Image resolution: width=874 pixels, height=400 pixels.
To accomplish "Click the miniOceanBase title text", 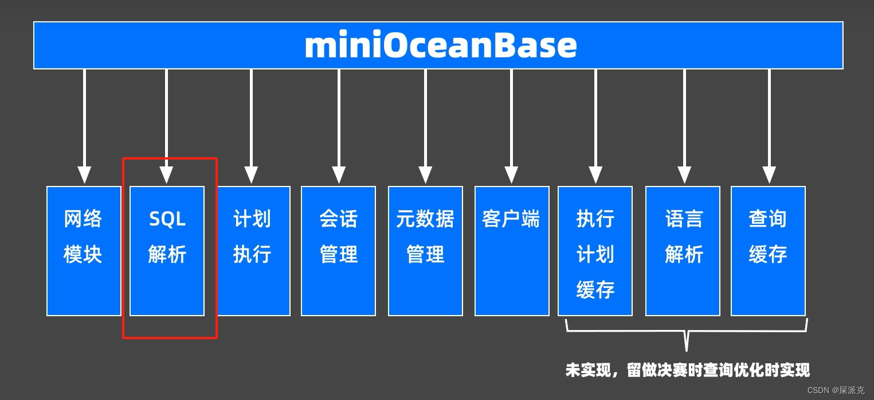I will click(440, 45).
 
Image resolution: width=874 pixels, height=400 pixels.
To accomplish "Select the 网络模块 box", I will click(84, 251).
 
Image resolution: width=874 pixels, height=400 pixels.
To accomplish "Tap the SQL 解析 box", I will click(167, 251).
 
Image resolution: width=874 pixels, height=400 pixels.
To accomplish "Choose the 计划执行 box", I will click(253, 251).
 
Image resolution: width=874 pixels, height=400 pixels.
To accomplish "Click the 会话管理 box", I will click(338, 251).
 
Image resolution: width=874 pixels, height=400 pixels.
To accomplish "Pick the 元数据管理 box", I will click(425, 251).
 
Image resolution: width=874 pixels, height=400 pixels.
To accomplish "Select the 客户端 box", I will click(511, 251).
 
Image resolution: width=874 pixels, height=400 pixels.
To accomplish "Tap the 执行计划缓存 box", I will click(595, 251).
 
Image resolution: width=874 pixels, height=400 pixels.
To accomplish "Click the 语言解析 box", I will click(683, 251).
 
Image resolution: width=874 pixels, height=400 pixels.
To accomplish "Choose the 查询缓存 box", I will click(768, 251).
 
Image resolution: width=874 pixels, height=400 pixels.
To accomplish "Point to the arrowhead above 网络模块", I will click(84, 174).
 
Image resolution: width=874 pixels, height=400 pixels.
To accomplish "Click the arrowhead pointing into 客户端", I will click(511, 174).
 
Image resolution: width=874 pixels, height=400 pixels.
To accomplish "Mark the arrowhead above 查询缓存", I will click(769, 174).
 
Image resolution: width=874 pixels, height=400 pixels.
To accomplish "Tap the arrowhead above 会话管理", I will click(339, 174).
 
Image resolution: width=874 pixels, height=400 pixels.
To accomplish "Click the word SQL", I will click(167, 219).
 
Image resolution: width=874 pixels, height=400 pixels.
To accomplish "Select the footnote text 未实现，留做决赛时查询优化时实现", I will click(687, 370).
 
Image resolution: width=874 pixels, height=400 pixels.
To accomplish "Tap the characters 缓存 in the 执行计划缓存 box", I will click(595, 290).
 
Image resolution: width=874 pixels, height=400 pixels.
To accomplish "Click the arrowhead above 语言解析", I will click(684, 174).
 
